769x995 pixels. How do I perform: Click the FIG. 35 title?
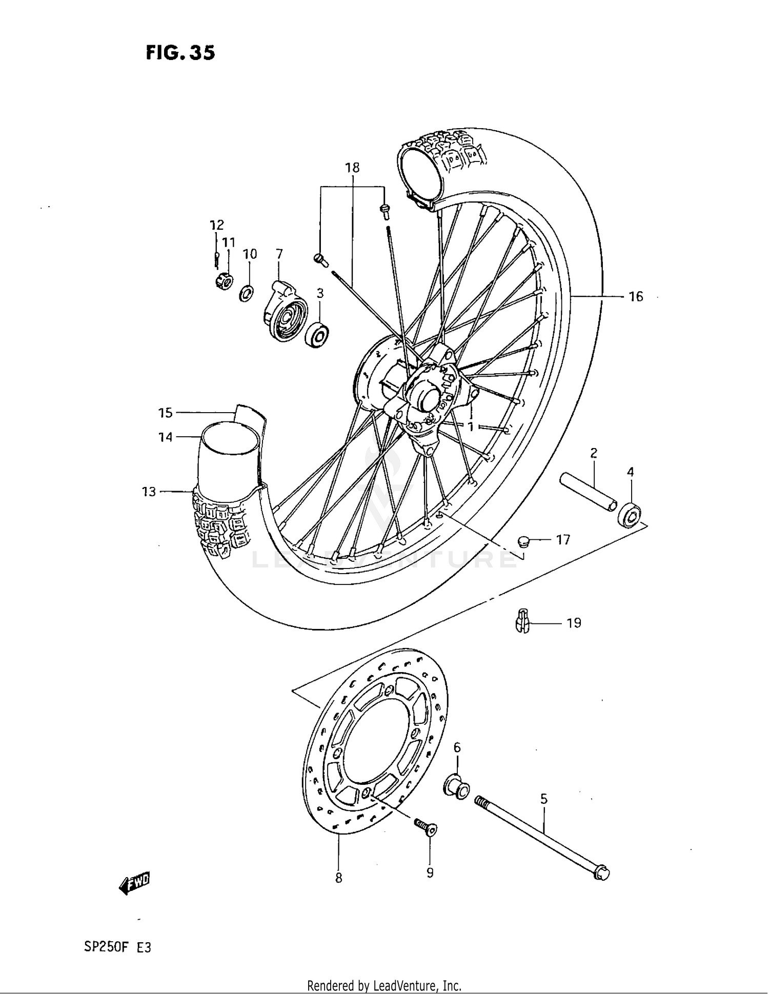click(180, 53)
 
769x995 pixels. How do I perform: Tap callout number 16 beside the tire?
click(635, 297)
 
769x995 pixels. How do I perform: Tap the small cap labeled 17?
click(524, 540)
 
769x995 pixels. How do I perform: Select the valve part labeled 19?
click(521, 621)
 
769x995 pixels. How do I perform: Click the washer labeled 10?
click(247, 294)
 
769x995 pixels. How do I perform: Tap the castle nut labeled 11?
click(224, 281)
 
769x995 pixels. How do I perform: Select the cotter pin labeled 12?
click(217, 258)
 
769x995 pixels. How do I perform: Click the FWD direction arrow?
click(134, 883)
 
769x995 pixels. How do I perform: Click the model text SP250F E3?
click(117, 947)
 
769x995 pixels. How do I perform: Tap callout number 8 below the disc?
click(338, 878)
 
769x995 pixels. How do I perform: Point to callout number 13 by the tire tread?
click(149, 492)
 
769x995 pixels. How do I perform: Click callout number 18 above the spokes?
click(352, 168)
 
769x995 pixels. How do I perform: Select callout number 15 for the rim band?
click(165, 413)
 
